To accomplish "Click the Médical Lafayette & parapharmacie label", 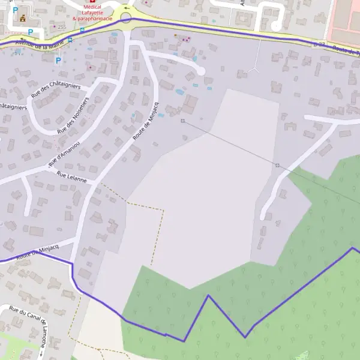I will pyautogui.click(x=92, y=13).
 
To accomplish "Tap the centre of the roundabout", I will pyautogui.click(x=126, y=19).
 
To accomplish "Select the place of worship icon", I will pyautogui.click(x=23, y=18).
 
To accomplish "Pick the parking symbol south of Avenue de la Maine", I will pyautogui.click(x=58, y=60).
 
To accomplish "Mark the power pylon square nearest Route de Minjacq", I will pyautogui.click(x=182, y=121).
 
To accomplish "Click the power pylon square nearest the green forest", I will pyautogui.click(x=277, y=165).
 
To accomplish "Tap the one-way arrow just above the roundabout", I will pyautogui.click(x=126, y=8).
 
